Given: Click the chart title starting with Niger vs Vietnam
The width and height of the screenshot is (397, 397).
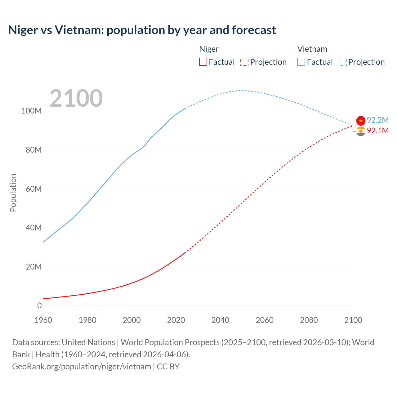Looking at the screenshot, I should (142, 30).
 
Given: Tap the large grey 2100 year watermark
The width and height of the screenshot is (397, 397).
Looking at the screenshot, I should (76, 98).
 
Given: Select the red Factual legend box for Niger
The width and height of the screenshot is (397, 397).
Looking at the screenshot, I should (203, 62).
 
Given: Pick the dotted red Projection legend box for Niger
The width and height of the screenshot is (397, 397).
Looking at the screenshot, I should (244, 62).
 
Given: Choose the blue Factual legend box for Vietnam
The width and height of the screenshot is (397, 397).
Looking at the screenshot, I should (301, 62).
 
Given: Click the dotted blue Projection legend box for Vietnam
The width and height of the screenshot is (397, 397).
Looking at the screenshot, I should (343, 62).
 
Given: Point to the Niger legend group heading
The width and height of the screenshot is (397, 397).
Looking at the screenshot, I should (209, 49).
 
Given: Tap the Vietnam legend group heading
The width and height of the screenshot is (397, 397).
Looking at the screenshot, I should (312, 49).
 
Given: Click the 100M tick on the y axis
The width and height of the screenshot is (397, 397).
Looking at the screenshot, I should (31, 111).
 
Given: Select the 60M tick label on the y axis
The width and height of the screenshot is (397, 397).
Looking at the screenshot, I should (33, 189).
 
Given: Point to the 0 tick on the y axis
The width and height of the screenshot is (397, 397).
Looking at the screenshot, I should (39, 306).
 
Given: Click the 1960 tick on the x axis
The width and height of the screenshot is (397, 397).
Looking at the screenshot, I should (43, 320).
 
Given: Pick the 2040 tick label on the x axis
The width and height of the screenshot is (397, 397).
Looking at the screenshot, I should (220, 320).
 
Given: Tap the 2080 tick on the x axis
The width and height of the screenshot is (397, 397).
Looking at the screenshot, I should (309, 320).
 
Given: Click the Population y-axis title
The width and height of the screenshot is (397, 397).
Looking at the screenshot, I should (13, 193).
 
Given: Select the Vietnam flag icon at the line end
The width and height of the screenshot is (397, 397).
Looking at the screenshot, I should (361, 120).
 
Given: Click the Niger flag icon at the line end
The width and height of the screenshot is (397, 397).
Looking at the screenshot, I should (361, 131).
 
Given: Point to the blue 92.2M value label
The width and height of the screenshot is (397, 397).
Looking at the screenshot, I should (377, 120).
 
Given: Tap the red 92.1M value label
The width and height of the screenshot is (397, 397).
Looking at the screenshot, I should (377, 131).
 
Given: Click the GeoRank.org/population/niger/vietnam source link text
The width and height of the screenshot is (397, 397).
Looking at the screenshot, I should (82, 366).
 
